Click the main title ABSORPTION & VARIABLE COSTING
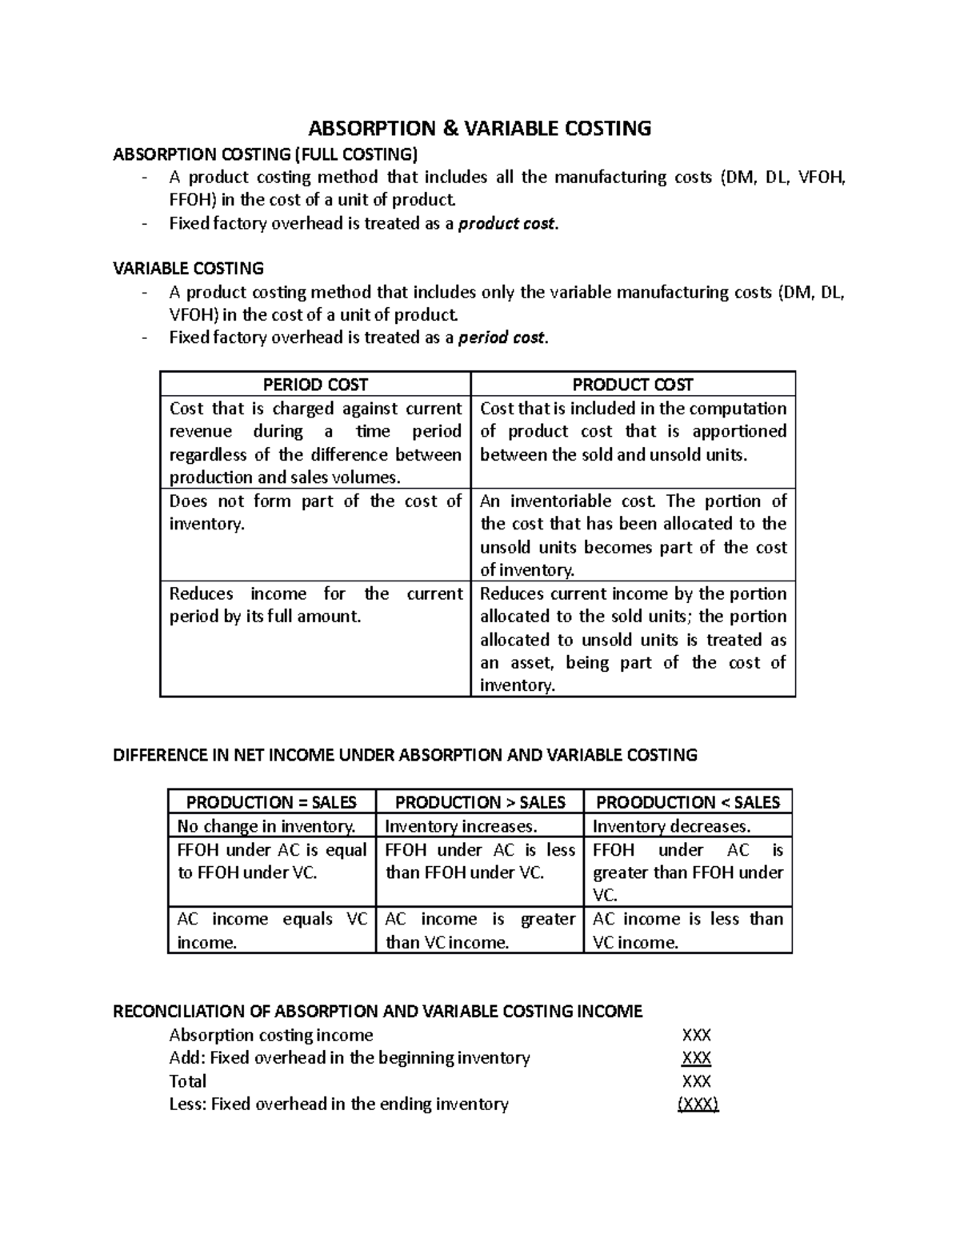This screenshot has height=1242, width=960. coord(480,128)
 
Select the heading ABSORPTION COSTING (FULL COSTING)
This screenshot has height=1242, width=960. coord(265,154)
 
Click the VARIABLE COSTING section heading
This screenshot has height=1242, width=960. coord(188,268)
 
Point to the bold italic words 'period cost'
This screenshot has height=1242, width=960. coord(502,337)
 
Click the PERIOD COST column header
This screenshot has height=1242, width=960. coord(315,385)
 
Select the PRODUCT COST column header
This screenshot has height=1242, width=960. coord(633,385)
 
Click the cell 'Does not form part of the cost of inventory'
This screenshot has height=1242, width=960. coord(315,513)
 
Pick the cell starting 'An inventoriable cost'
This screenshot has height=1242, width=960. coord(633,535)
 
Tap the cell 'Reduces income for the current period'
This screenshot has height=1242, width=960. coord(315,605)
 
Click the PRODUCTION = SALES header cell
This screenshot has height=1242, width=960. coord(271,802)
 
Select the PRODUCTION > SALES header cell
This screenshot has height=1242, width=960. coord(480,802)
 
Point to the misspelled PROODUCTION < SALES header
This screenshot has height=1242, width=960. coord(688,802)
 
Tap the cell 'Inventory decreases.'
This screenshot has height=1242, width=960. coord(671,826)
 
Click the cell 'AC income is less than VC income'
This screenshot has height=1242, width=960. coord(687,931)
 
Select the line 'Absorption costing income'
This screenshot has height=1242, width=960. coord(271,1035)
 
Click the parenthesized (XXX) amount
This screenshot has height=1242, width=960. coord(698,1104)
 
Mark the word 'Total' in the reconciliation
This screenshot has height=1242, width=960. coord(188,1081)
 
